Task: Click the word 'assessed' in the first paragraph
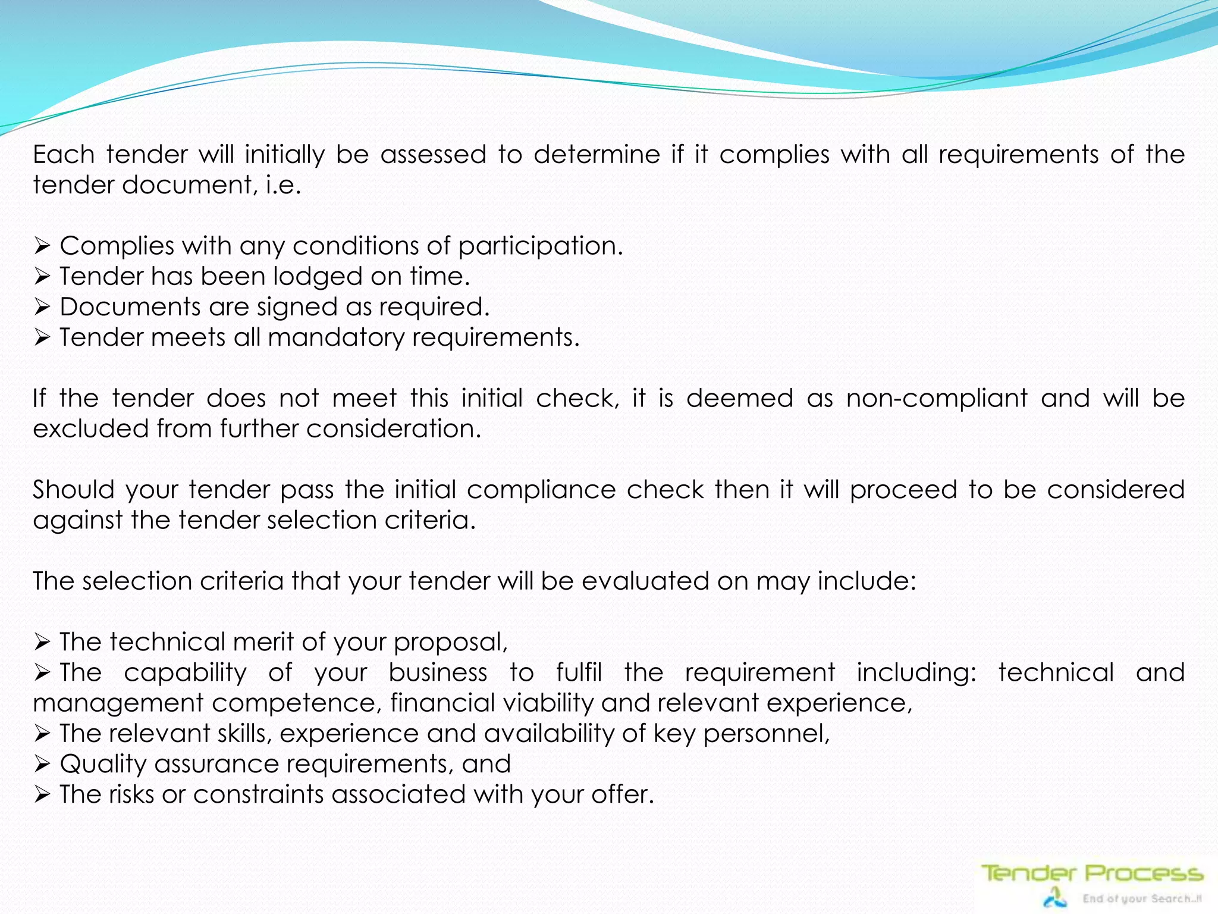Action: (433, 155)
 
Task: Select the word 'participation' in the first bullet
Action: (539, 246)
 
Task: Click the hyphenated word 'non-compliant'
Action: (937, 399)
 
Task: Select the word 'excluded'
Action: (90, 428)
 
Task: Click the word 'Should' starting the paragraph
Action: (73, 490)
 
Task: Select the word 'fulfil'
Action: (579, 672)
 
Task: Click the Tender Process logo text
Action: (1091, 874)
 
